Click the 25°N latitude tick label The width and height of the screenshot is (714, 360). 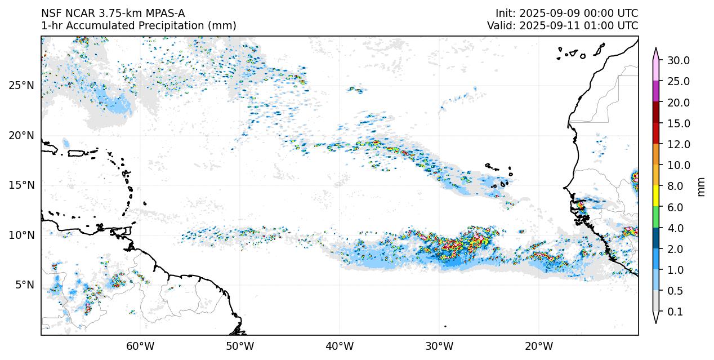tap(21, 86)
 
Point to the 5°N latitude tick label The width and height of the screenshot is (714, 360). tap(24, 285)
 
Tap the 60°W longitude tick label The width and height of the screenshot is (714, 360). tap(140, 346)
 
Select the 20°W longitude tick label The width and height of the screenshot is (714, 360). tap(539, 346)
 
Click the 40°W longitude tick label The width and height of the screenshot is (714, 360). tap(340, 346)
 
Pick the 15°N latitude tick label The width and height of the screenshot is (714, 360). tap(21, 185)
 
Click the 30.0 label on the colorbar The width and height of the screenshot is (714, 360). tap(678, 61)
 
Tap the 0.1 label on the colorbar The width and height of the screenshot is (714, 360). tap(675, 312)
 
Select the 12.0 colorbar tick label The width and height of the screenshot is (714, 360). tap(678, 144)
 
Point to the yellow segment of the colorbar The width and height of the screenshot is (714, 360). tap(656, 196)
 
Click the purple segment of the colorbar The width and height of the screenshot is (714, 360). tap(656, 91)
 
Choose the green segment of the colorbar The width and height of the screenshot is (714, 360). tap(656, 217)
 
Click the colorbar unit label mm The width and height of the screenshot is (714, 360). tap(701, 186)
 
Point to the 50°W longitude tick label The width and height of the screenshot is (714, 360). tap(240, 346)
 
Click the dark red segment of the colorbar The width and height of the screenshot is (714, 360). tap(656, 112)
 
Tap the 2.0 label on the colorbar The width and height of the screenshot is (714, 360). tap(675, 249)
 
